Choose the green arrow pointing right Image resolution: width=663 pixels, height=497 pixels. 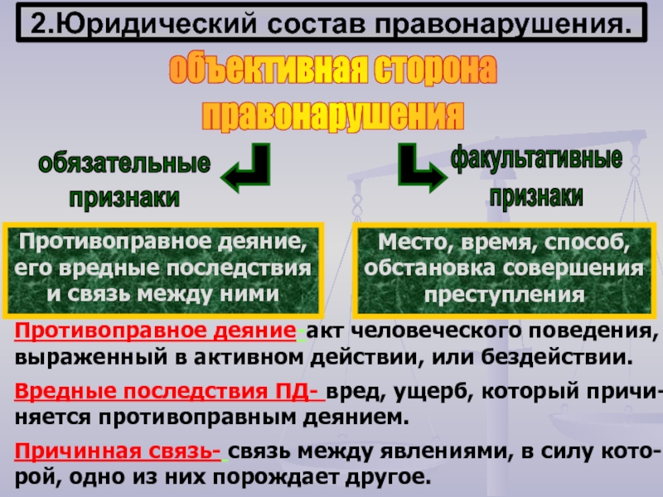(x=418, y=169)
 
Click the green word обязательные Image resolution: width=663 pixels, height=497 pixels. (x=123, y=163)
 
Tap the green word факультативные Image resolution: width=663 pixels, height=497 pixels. (x=536, y=157)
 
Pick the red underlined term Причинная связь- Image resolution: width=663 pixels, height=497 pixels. (x=117, y=451)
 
